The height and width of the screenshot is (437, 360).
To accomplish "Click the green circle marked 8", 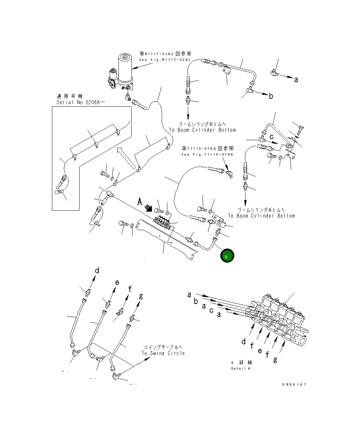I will (x=227, y=256).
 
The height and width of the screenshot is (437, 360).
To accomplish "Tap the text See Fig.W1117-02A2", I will (x=164, y=60).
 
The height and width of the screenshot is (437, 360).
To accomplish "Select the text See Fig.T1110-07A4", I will (x=207, y=155).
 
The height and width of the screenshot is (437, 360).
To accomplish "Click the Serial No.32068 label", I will (x=78, y=102).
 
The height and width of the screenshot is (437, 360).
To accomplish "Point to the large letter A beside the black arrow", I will (x=139, y=202).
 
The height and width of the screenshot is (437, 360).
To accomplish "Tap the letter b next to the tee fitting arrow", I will (x=271, y=96).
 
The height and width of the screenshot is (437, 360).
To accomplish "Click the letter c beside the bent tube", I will (x=272, y=137).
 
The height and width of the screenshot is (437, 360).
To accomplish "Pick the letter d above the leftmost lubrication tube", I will (x=97, y=271).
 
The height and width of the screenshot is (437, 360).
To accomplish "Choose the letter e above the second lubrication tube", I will (x=117, y=282).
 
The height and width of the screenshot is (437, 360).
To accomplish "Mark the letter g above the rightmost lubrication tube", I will (x=141, y=296).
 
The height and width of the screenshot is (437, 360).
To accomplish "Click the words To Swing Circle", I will (x=163, y=353).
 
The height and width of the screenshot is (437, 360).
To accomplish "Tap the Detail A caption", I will (x=240, y=369).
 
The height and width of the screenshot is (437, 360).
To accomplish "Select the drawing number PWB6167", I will (x=294, y=384).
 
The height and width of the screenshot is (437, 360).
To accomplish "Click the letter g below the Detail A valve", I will (x=275, y=359).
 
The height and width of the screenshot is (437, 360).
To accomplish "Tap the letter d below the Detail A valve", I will (x=244, y=341).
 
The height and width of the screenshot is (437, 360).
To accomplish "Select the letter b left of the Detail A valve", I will (x=196, y=301).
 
